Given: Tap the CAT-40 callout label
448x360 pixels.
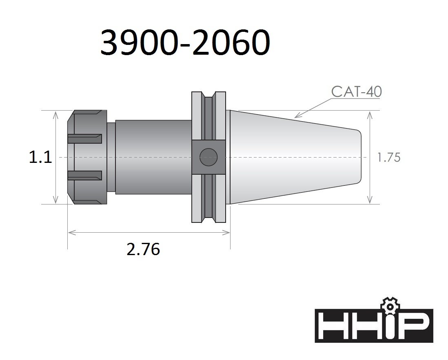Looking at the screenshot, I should click(x=356, y=92).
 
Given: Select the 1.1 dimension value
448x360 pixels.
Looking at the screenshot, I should click(x=40, y=157).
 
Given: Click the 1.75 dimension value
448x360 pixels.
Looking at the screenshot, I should click(x=389, y=158).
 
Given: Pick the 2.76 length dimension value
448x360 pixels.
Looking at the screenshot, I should click(x=143, y=249).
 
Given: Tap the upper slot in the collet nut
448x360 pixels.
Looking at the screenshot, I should click(x=85, y=139).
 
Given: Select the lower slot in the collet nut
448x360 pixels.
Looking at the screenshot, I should click(x=85, y=175).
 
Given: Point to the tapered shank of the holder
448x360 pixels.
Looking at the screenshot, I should click(x=294, y=157).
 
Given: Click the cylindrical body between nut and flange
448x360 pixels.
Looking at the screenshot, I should click(x=153, y=157).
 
